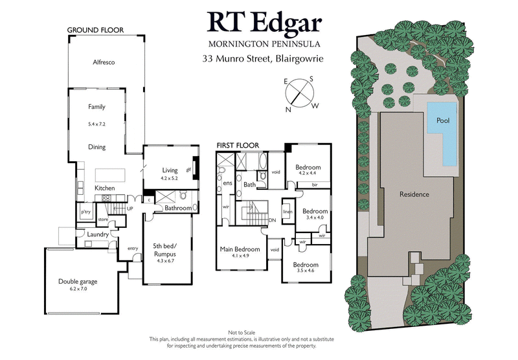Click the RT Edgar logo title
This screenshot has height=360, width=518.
pos(264,23)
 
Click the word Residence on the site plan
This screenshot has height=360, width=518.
pos(414,194)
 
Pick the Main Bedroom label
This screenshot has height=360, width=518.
pos(240,249)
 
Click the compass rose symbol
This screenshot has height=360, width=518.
pos(298,93)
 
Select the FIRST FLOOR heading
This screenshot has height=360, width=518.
pos(238,145)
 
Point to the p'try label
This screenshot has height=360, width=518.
pos(85,212)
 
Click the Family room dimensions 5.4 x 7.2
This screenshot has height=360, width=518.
pos(96,122)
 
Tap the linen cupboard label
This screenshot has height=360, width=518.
pos(287,212)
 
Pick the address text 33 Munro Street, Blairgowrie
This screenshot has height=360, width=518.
pos(263,59)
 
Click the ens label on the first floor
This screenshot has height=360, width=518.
pos(228,184)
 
